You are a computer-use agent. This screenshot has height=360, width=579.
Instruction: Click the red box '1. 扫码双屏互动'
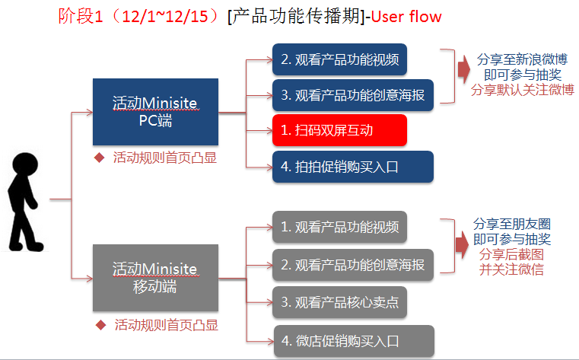tap(340, 130)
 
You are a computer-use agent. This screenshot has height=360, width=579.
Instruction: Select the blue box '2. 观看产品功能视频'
tap(340, 59)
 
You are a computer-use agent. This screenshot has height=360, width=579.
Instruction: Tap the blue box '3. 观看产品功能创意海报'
tap(353, 95)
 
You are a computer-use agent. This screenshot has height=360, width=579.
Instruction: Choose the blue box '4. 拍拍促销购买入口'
tap(353, 167)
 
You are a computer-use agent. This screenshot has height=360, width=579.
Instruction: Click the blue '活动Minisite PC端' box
tap(155, 112)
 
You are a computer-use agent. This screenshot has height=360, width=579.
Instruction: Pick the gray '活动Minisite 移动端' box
tap(155, 278)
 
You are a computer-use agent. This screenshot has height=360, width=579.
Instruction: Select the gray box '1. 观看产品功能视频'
tap(340, 227)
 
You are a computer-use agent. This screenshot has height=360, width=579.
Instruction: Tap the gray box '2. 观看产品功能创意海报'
tap(353, 265)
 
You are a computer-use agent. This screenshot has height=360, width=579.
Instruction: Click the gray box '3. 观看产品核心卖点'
tap(340, 302)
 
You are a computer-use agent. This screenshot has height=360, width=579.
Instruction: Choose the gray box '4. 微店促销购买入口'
tap(354, 341)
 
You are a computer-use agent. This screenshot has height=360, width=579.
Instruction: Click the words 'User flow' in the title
tap(406, 17)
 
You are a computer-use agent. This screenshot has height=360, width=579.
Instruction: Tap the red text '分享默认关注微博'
tap(523, 90)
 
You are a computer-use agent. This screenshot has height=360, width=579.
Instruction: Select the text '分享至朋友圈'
tap(512, 224)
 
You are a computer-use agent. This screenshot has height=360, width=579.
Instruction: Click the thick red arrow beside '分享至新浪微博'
tap(464, 69)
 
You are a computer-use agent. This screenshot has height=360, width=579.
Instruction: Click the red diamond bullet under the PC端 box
tap(100, 158)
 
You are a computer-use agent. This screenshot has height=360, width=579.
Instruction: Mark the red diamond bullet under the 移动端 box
tap(100, 325)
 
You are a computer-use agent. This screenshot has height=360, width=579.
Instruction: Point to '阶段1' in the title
tap(81, 16)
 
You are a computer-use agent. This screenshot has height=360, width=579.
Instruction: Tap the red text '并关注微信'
tap(511, 269)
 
